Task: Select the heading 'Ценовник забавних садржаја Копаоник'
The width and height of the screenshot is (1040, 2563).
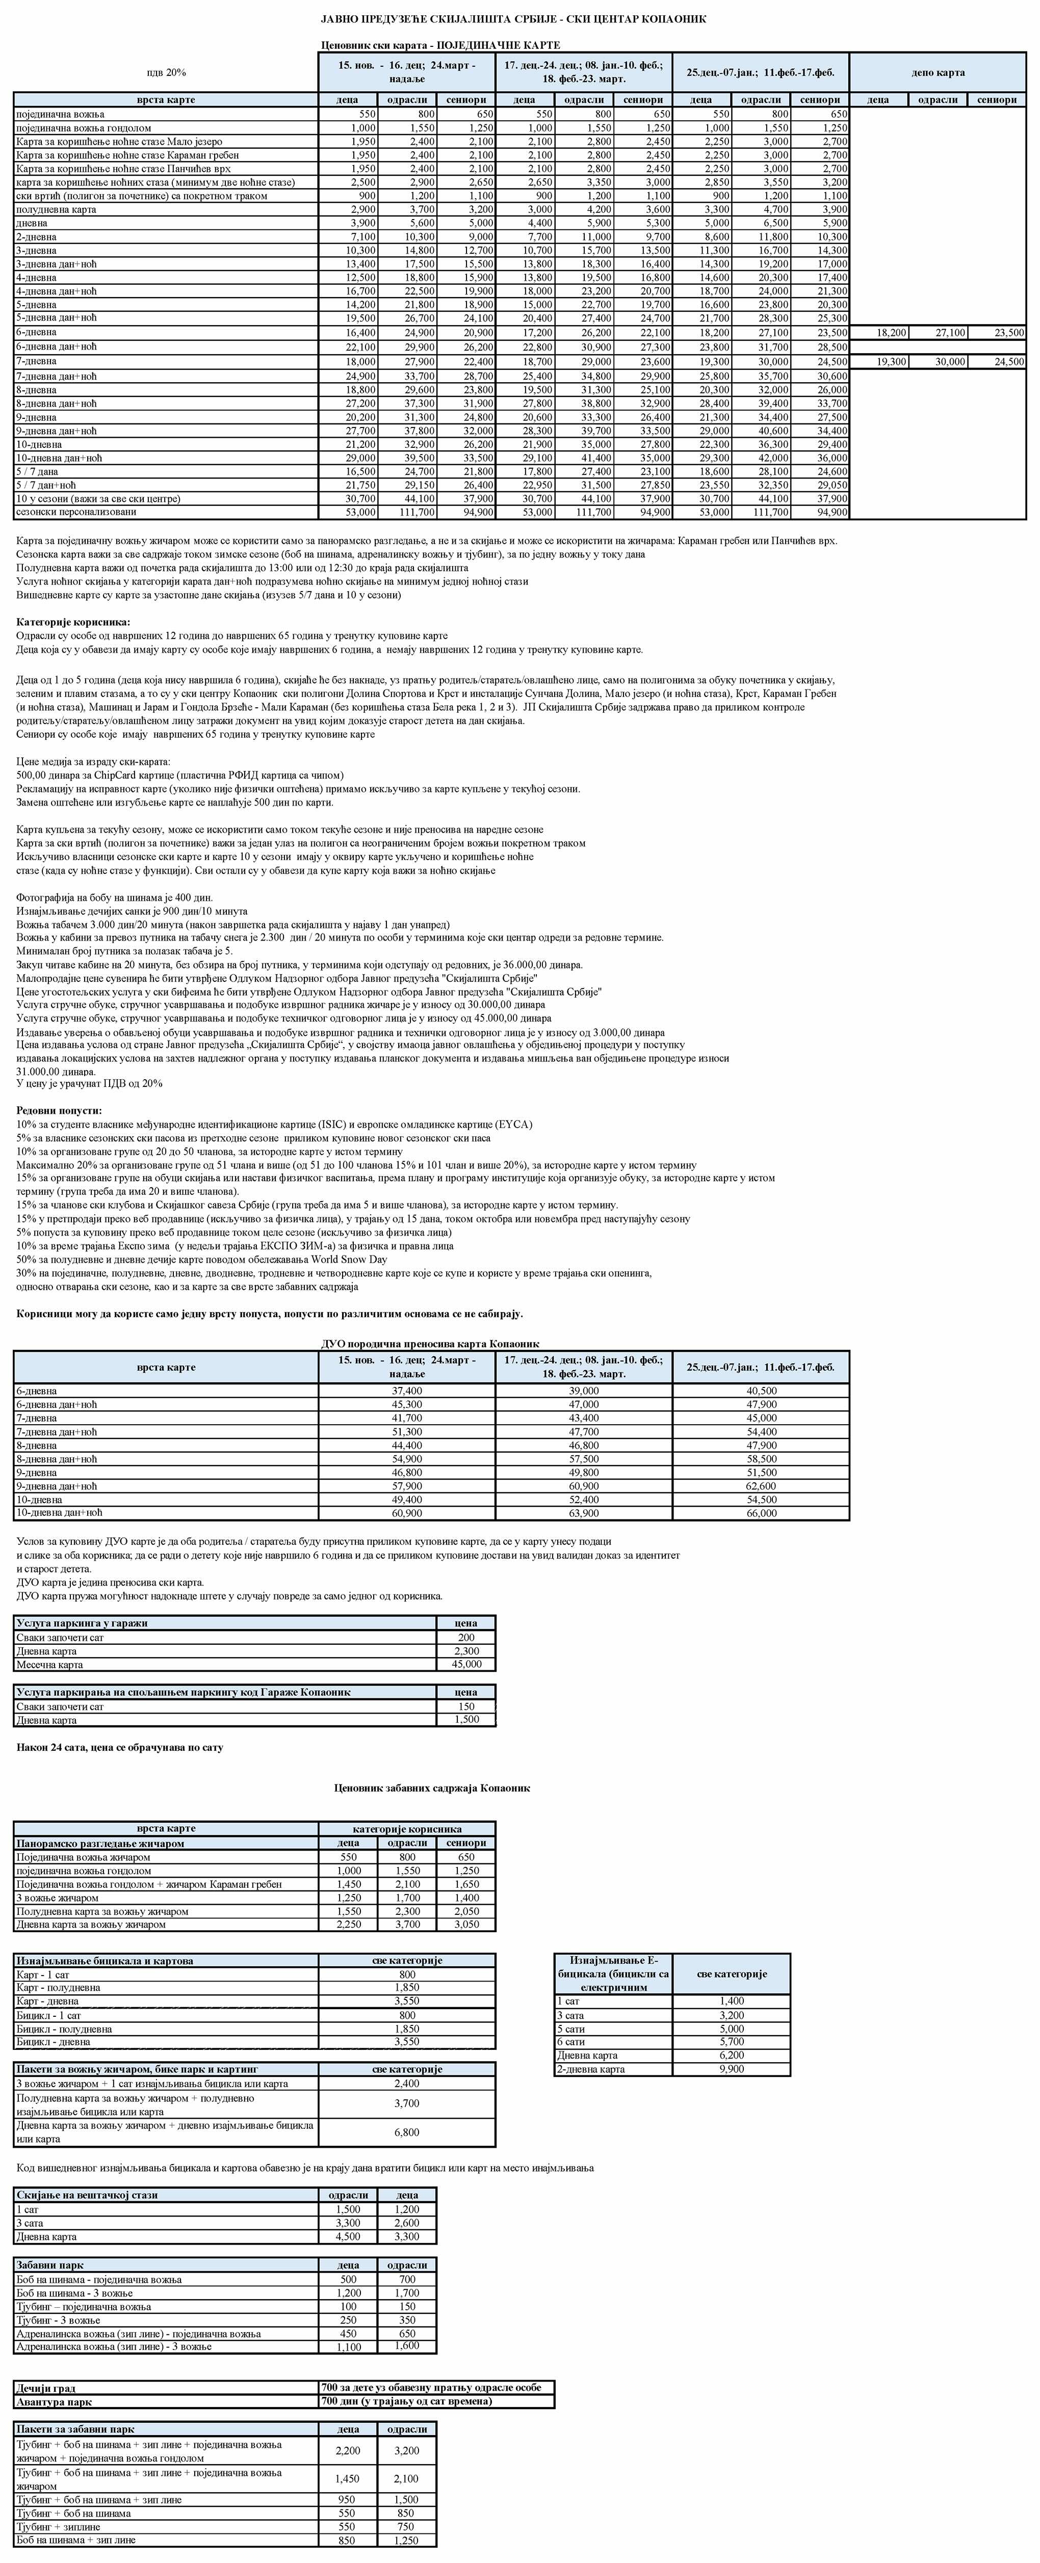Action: click(x=432, y=1788)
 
